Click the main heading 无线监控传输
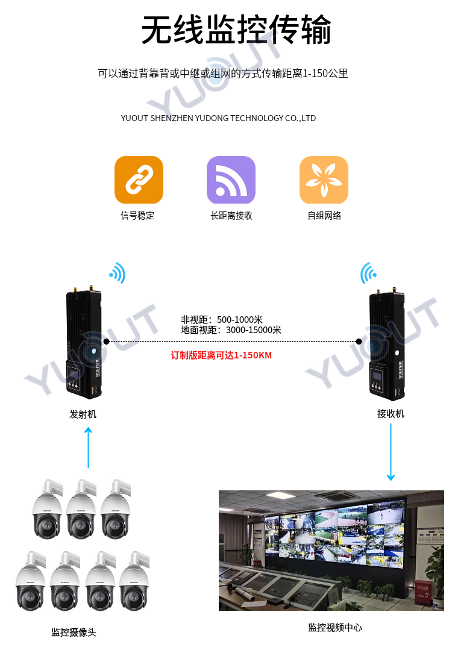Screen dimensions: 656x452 pyautogui.click(x=236, y=30)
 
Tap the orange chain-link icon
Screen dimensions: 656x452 pyautogui.click(x=139, y=180)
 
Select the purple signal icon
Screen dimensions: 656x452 pyautogui.click(x=231, y=180)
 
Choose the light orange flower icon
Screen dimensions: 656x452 pyautogui.click(x=324, y=180)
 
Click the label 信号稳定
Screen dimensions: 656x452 pyautogui.click(x=137, y=215)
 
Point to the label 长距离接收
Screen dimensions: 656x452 pyautogui.click(x=231, y=215)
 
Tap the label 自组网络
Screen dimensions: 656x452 pyautogui.click(x=324, y=215)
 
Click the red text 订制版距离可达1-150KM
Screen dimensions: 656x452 pyautogui.click(x=221, y=355)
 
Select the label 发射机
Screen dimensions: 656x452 pyautogui.click(x=83, y=414)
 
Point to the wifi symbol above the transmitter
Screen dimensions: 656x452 pyautogui.click(x=118, y=273)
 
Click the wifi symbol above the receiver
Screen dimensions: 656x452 pyautogui.click(x=368, y=273)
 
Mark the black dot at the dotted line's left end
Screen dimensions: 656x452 pyautogui.click(x=107, y=342)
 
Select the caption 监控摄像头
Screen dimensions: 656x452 pyautogui.click(x=74, y=632)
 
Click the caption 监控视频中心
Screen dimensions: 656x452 pyautogui.click(x=335, y=627)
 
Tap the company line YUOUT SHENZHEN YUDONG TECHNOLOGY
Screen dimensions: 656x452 pyautogui.click(x=218, y=118)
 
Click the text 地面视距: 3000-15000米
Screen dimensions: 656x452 pyautogui.click(x=231, y=330)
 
